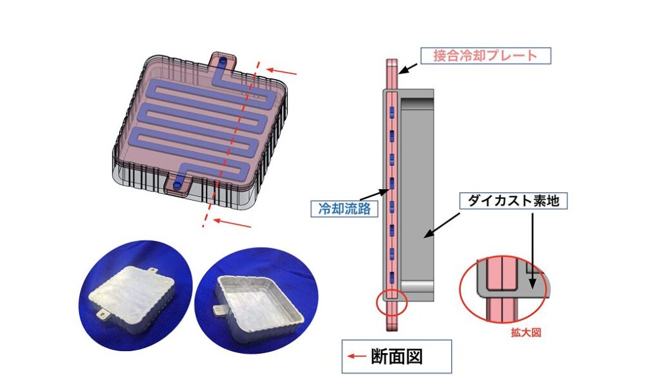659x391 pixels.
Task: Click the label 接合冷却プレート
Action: pos(485,55)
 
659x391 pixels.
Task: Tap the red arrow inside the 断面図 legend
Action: pos(355,356)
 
